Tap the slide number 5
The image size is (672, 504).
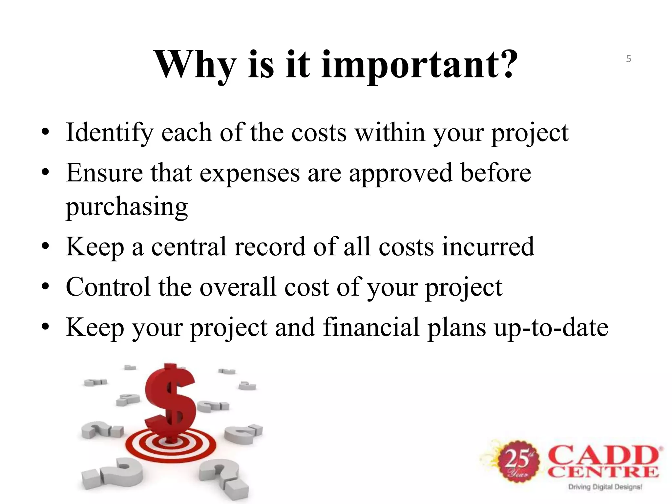click(x=628, y=59)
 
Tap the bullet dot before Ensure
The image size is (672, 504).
click(x=46, y=173)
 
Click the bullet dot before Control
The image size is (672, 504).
click(x=46, y=287)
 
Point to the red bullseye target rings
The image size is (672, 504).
click(x=171, y=446)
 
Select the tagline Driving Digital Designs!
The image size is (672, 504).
click(x=605, y=487)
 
